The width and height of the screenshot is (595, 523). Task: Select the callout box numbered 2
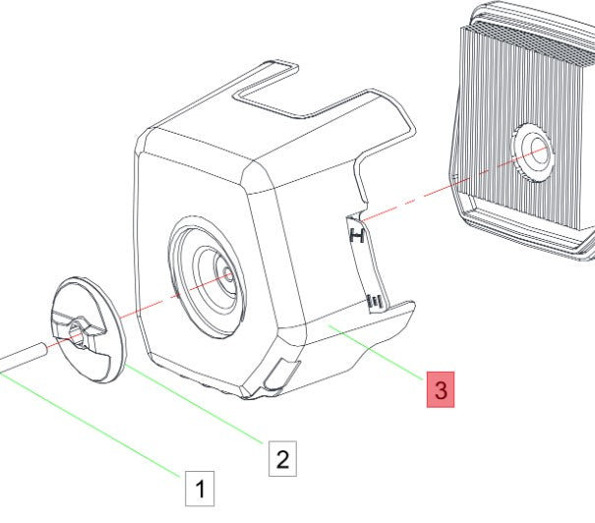tap(282, 458)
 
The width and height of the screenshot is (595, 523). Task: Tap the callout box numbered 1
tap(200, 487)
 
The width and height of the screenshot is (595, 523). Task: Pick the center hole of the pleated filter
tap(537, 150)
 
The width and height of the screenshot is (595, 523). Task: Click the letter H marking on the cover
tap(357, 236)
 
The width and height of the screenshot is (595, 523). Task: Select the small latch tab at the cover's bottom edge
tap(282, 374)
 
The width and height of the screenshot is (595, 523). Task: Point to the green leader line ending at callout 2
tap(197, 402)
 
